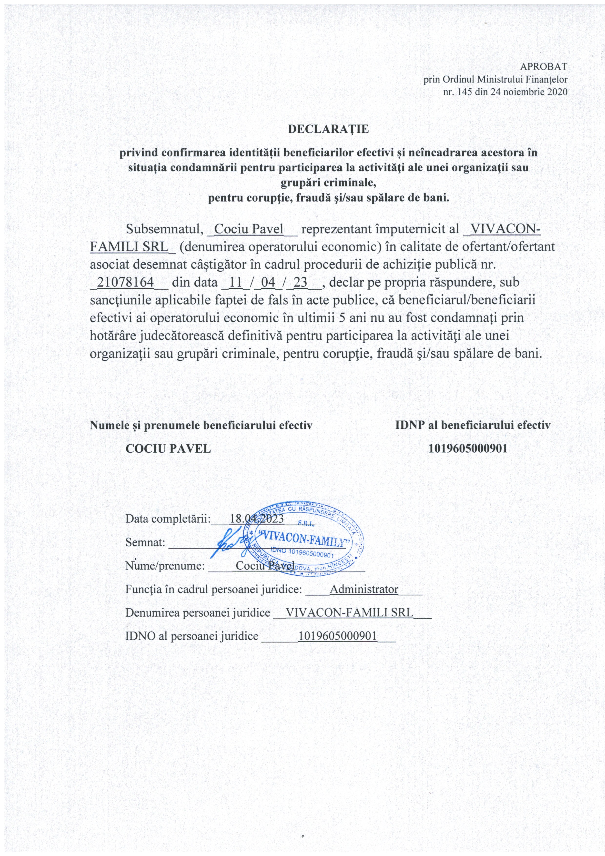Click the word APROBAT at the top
point(544,67)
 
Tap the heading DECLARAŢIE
point(328,129)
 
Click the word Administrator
point(364,590)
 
